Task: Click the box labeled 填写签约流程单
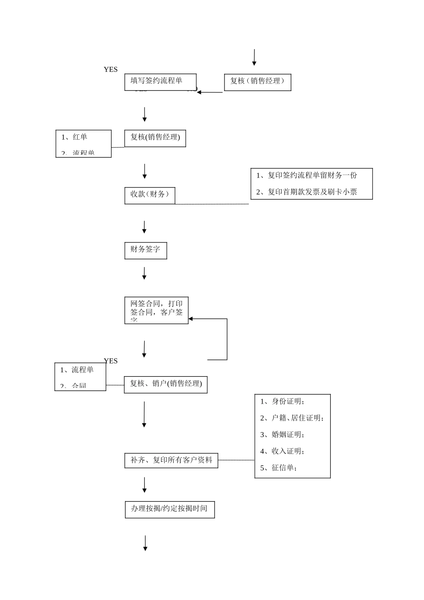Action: [160, 82]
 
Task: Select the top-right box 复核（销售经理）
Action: [257, 82]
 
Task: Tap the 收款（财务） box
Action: [150, 195]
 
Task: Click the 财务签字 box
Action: [145, 250]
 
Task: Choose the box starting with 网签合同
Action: [156, 310]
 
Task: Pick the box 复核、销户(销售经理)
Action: [166, 384]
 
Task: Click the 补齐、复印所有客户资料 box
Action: [171, 460]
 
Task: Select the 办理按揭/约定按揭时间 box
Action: [170, 509]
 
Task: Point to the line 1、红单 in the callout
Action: [75, 137]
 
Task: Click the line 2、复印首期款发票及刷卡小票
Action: [307, 192]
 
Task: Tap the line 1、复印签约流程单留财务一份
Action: [307, 175]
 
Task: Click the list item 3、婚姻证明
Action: [282, 434]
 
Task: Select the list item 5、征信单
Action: [279, 468]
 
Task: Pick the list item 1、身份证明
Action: [282, 401]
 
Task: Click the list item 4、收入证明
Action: [282, 451]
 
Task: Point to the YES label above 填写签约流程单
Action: [111, 70]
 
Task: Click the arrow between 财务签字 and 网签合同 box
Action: [144, 273]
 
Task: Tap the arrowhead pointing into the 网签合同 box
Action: [191, 319]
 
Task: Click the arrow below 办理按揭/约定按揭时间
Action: [145, 543]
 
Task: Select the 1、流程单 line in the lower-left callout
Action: [77, 370]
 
